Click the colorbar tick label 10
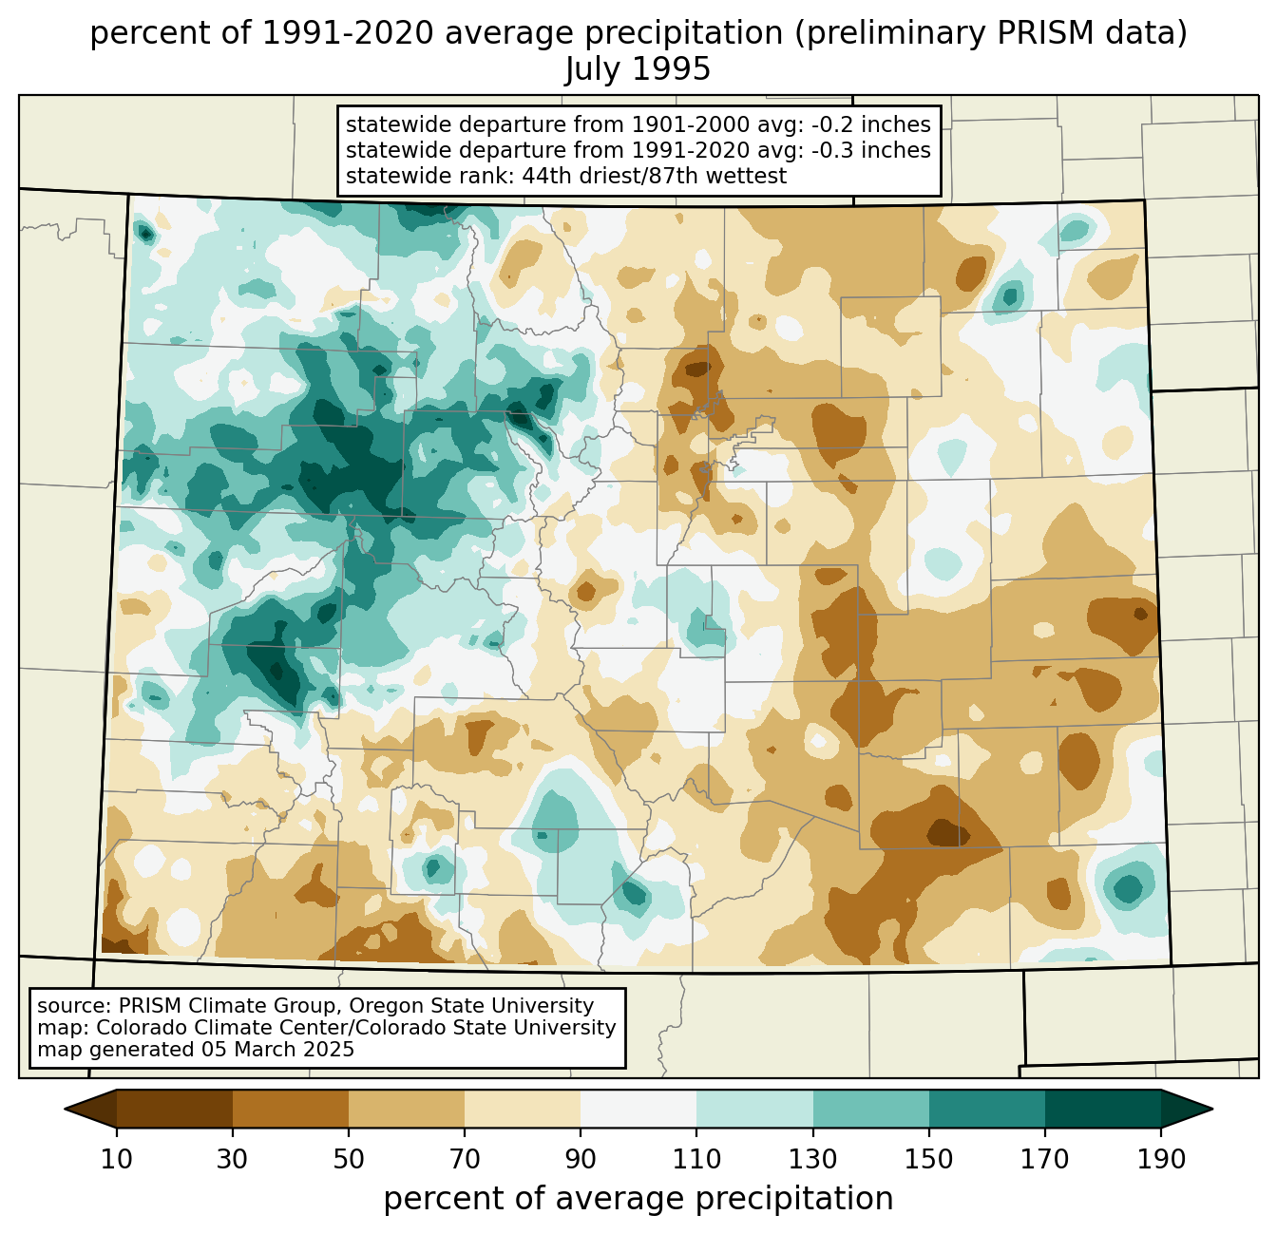pos(116,1160)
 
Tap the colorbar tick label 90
pos(581,1160)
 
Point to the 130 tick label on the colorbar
pos(812,1160)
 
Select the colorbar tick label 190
pos(1161,1160)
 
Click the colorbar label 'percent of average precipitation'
pos(638,1199)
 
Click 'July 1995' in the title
pos(638,68)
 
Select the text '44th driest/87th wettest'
pos(655,176)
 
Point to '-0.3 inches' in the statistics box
pos(870,150)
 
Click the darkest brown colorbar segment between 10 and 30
pos(174,1110)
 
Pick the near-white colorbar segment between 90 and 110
pos(638,1110)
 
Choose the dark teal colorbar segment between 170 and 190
pos(1102,1110)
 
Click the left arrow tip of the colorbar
pos(65,1110)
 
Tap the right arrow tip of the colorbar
pos(1212,1110)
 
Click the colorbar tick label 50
pos(349,1160)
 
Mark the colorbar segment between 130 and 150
pos(870,1110)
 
